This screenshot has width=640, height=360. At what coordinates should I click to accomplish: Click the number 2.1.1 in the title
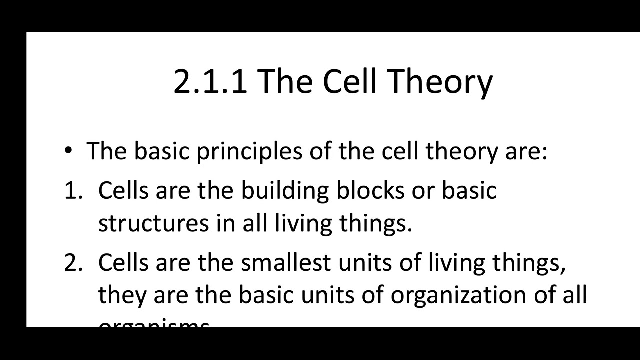tap(210, 81)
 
